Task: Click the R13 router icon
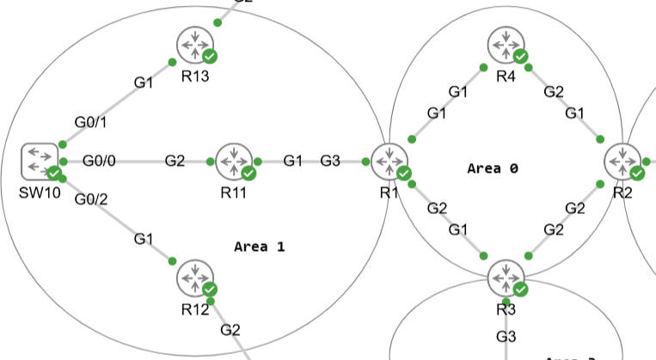coord(195,46)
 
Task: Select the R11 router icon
coord(233,161)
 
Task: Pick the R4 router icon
coord(506,44)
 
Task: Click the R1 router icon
coord(389,161)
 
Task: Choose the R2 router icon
coord(622,161)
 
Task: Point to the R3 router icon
coord(506,278)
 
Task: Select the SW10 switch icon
coord(39,161)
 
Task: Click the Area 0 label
coord(493,168)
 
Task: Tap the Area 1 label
coord(259,247)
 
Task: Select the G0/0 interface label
coord(101,161)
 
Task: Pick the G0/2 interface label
coord(91,199)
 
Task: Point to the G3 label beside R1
coord(330,161)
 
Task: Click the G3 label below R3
coord(506,335)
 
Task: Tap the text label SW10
coord(38,192)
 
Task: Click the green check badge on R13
coord(210,57)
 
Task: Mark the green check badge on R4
coord(520,56)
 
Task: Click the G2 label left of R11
coord(175,161)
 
